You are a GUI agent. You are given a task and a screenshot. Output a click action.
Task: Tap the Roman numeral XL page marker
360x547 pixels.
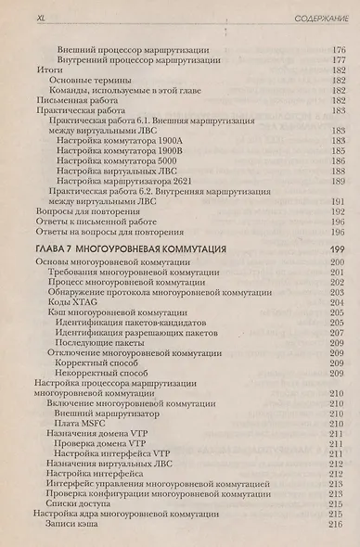pyautogui.click(x=39, y=18)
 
